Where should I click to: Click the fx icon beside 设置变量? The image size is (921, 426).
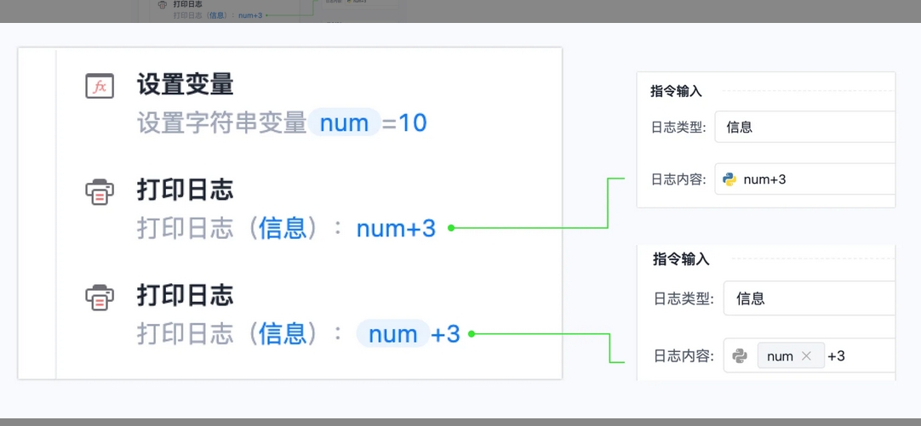click(x=100, y=86)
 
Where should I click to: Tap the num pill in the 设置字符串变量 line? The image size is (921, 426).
click(x=345, y=122)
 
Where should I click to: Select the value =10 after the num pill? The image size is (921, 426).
click(x=404, y=123)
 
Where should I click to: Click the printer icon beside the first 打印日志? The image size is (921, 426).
click(x=100, y=191)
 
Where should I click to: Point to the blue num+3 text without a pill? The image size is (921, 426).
click(x=396, y=228)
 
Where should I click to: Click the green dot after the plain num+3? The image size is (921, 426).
click(x=451, y=228)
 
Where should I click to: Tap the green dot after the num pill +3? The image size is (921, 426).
click(x=471, y=334)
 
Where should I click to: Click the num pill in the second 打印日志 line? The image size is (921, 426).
click(x=393, y=334)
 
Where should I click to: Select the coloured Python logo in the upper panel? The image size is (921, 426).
click(x=729, y=179)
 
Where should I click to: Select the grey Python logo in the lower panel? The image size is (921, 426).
click(x=740, y=355)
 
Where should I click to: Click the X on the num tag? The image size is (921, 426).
click(x=806, y=355)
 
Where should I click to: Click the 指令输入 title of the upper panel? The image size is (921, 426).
click(x=676, y=92)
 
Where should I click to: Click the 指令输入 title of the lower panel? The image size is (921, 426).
click(x=681, y=259)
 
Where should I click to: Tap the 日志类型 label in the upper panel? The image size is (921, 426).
click(x=678, y=127)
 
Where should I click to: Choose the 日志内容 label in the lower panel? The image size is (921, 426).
click(x=684, y=355)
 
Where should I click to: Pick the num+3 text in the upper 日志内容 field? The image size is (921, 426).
click(x=764, y=179)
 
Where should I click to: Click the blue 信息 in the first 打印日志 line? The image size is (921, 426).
click(x=282, y=228)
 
